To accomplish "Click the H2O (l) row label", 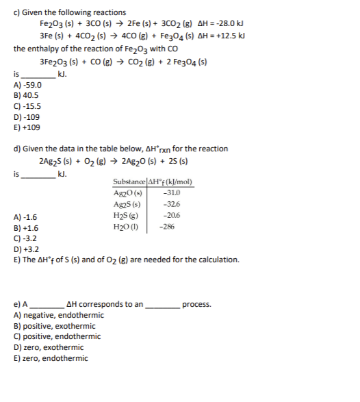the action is (x=128, y=226).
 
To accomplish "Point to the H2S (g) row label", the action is (x=128, y=215).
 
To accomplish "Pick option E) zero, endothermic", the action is (x=51, y=357).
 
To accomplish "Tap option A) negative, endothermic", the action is (x=59, y=315).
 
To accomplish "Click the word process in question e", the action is (x=196, y=304).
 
